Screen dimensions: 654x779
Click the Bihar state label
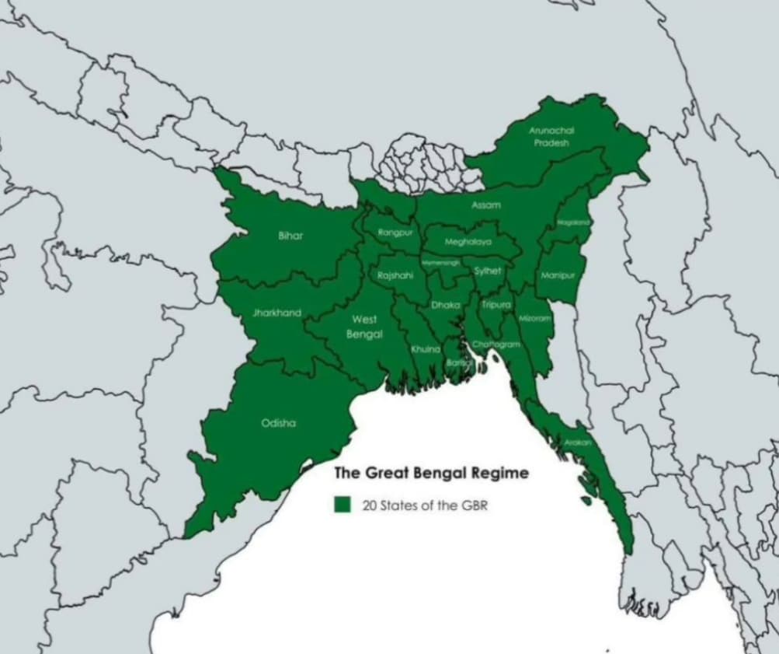coord(290,236)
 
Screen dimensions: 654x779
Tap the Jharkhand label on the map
coord(276,313)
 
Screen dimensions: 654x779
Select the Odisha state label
coord(278,424)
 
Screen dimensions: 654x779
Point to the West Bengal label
coord(365,327)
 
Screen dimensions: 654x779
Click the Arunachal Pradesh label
coord(551,137)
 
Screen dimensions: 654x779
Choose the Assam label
coord(486,205)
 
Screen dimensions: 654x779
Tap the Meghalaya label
coord(468,242)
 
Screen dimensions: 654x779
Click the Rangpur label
coord(395,233)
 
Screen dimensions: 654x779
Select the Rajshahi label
coord(395,275)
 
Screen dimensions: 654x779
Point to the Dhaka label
coord(446,306)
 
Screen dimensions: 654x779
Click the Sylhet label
coord(488,271)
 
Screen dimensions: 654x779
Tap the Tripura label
coord(496,305)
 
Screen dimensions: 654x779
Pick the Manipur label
coord(557,276)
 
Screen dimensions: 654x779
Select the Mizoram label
coord(535,319)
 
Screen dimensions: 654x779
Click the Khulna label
coord(426,350)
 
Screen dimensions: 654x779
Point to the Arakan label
coord(578,442)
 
